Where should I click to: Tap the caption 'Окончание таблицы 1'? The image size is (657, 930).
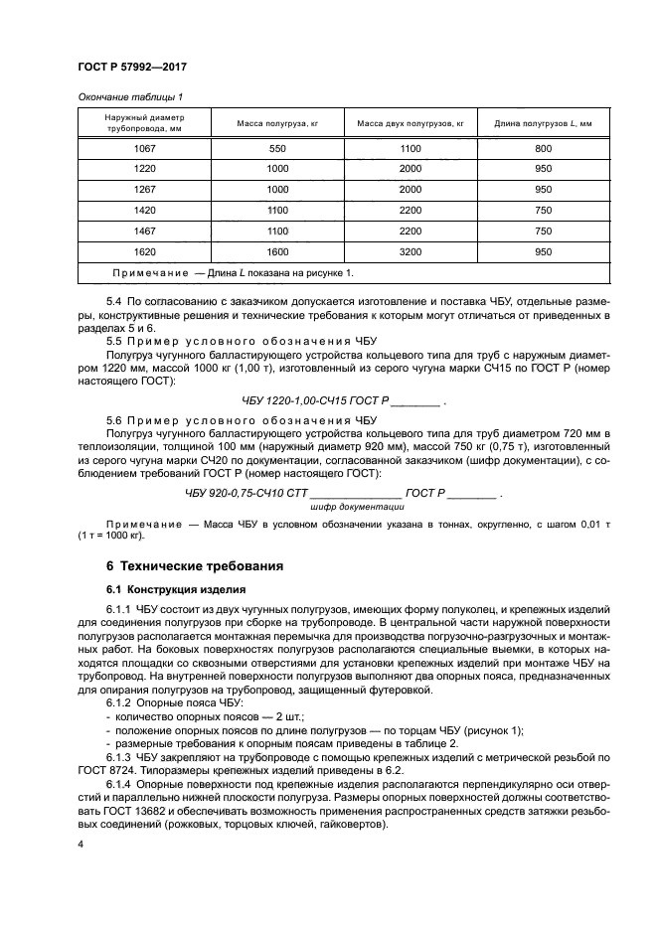tap(129, 96)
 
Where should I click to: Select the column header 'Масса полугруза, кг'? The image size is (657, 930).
tap(276, 123)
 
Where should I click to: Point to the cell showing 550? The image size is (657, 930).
tap(276, 148)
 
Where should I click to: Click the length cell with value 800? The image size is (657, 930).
tap(543, 148)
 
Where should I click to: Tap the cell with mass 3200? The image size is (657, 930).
tap(411, 252)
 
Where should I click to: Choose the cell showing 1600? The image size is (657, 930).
tap(276, 252)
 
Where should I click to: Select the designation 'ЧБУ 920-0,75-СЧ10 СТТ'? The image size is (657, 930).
tap(247, 493)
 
